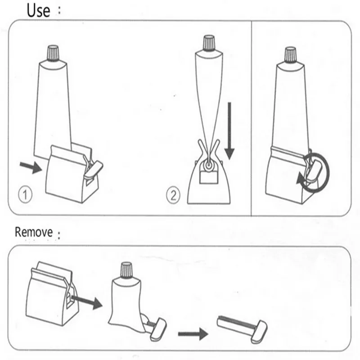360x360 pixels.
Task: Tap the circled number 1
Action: [26, 196]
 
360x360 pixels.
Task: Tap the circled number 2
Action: [173, 196]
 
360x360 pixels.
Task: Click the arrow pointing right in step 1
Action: [31, 167]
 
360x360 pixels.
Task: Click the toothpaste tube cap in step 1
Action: [53, 53]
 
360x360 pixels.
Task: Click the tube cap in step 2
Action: [208, 44]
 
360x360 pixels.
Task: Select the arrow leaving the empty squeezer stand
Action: [88, 302]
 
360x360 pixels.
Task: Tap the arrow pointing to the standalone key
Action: [192, 334]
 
